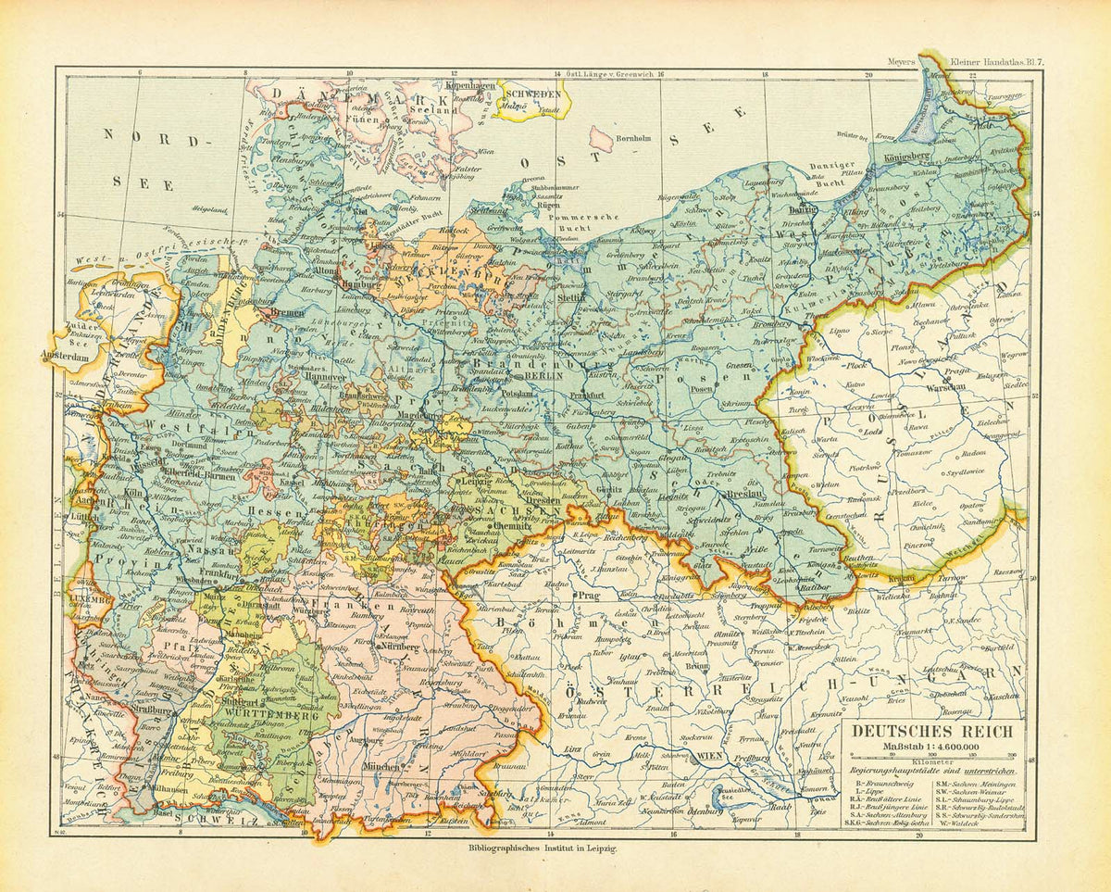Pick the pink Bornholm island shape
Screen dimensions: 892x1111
[601, 139]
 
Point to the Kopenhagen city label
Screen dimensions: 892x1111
[471, 85]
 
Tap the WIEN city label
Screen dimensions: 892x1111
[708, 757]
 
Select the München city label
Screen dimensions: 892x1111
[381, 768]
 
